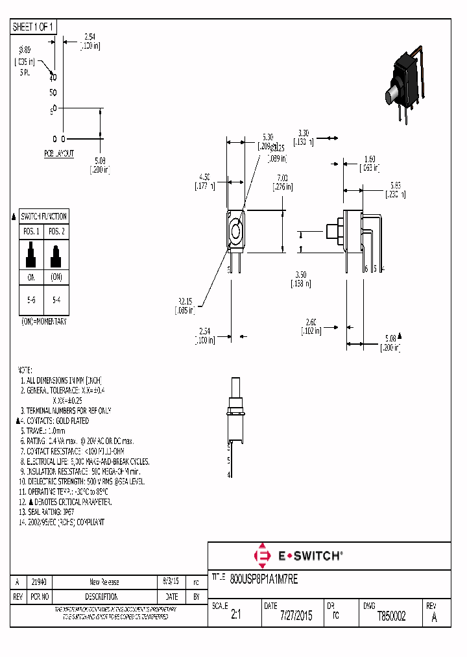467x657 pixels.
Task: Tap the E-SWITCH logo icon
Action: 263,556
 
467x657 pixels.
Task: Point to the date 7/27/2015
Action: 295,616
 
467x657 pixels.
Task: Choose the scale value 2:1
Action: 235,616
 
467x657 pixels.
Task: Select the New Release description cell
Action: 104,582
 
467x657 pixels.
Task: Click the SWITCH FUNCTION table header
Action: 43,216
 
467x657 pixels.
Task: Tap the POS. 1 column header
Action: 30,231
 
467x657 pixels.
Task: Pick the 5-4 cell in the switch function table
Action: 56,301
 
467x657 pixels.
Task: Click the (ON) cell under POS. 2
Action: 56,276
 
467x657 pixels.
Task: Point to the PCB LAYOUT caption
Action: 58,154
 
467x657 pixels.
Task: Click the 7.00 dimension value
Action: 281,177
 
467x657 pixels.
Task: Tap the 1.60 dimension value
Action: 370,159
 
